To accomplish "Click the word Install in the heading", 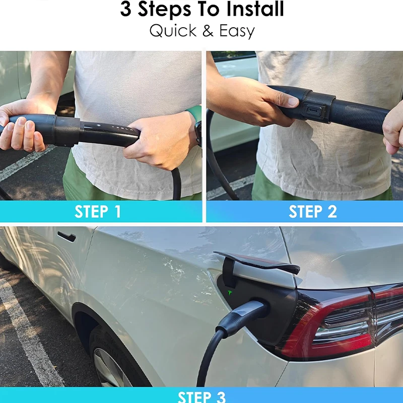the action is pos(255,9).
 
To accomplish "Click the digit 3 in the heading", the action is pos(125,10).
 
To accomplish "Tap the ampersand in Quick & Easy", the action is pos(208,31).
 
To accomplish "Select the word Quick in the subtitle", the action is pos(173,31).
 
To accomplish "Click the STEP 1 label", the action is pos(97,212).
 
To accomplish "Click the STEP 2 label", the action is pos(312,212).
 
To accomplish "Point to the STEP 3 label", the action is pos(201,397).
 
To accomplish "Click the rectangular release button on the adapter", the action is pos(313,111).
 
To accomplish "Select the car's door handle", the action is pos(66,236).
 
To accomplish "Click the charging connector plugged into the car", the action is pos(242,316).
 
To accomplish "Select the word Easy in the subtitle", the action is pos(237,31).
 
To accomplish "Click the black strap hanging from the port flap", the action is pos(229,273).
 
